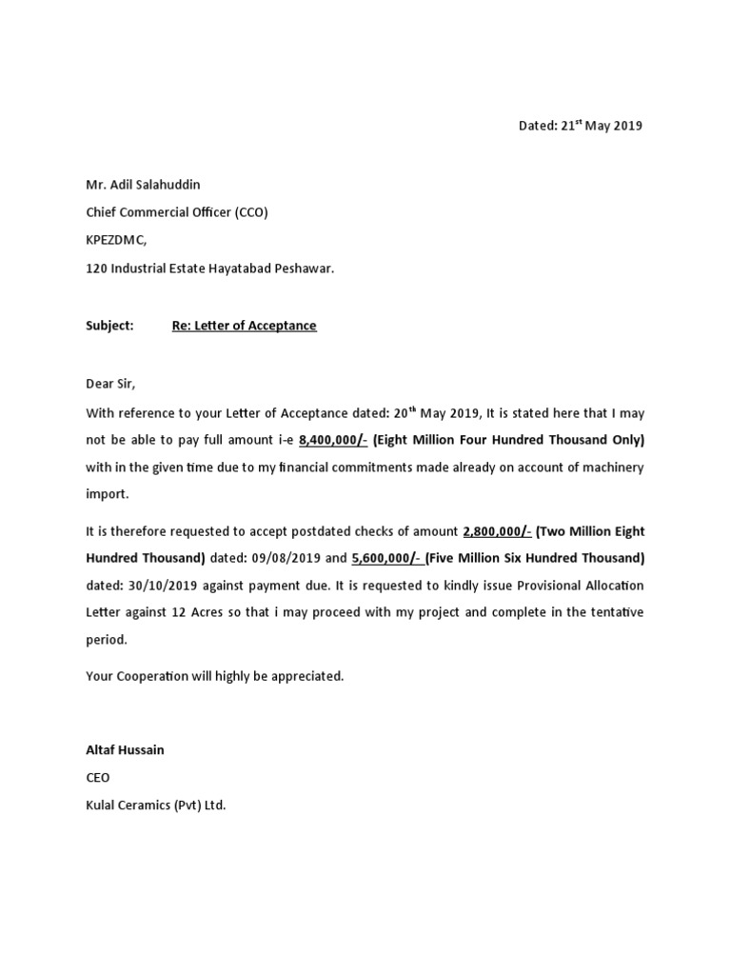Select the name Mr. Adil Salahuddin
(x=144, y=184)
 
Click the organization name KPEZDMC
(x=117, y=241)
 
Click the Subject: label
(x=110, y=326)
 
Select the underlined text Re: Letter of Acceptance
(x=244, y=326)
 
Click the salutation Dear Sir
(x=111, y=384)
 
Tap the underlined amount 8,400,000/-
(x=332, y=441)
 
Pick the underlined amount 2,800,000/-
(x=496, y=530)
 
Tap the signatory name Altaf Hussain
(x=125, y=749)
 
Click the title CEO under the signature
(x=98, y=778)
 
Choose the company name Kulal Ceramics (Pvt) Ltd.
(x=156, y=806)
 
